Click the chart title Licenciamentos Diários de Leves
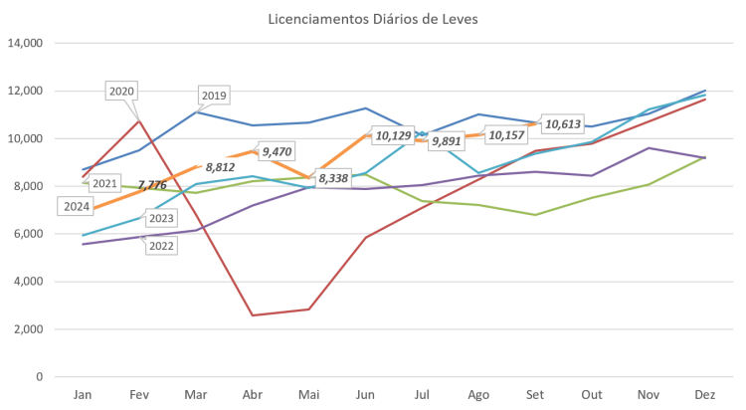(x=373, y=19)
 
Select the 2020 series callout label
(x=121, y=92)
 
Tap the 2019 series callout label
(x=214, y=97)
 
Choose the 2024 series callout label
(x=77, y=207)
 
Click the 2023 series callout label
(x=160, y=218)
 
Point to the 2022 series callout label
(x=160, y=246)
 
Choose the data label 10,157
(x=506, y=135)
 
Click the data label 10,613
(x=563, y=124)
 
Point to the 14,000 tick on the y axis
(x=24, y=44)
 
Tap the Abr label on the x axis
(x=254, y=395)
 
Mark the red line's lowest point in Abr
(x=254, y=315)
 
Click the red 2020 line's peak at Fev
(x=140, y=119)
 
